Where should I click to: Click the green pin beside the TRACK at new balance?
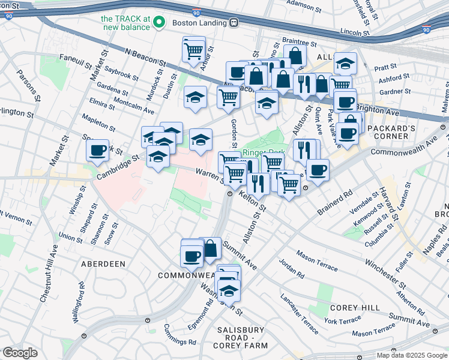pyautogui.click(x=159, y=23)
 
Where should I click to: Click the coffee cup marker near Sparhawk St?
pyautogui.click(x=97, y=151)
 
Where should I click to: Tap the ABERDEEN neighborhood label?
pyautogui.click(x=103, y=264)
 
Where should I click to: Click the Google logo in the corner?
pyautogui.click(x=20, y=353)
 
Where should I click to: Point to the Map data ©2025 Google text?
pyautogui.click(x=411, y=355)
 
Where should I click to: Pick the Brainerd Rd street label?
pyautogui.click(x=335, y=203)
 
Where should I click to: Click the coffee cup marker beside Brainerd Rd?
pyautogui.click(x=318, y=170)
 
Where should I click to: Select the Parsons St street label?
pyautogui.click(x=28, y=86)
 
